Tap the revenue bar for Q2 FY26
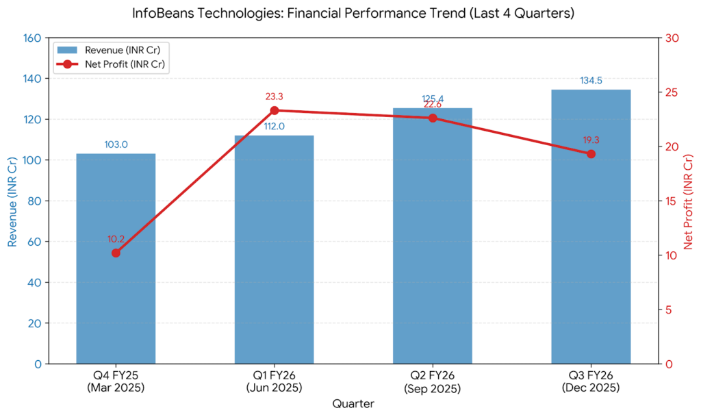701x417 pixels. [x=432, y=260]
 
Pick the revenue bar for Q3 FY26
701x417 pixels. [x=591, y=260]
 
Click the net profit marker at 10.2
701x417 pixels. [x=116, y=253]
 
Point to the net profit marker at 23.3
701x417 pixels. [x=275, y=110]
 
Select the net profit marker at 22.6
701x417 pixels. [x=433, y=118]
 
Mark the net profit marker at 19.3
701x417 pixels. [x=591, y=154]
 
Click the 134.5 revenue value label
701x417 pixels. [x=591, y=81]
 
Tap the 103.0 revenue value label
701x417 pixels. [x=116, y=144]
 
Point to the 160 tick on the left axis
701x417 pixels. [x=32, y=38]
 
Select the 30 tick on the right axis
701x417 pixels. [x=671, y=38]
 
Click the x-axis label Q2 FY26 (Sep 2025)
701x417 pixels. [x=433, y=382]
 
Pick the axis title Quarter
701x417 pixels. [x=353, y=404]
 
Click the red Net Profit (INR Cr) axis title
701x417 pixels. [x=688, y=201]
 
